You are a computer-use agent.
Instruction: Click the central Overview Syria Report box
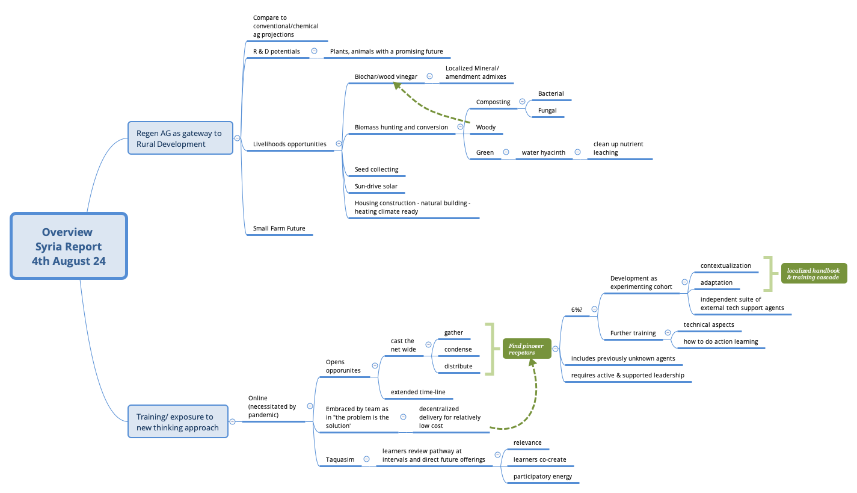point(68,246)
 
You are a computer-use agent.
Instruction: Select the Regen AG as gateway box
point(180,138)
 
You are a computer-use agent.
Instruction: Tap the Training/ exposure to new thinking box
point(178,421)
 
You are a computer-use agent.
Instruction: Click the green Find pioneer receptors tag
point(526,349)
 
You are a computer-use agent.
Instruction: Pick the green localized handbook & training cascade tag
point(813,274)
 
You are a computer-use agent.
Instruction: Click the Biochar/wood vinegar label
point(385,76)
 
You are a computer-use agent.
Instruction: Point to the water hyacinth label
point(543,152)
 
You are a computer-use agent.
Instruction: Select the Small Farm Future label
point(278,228)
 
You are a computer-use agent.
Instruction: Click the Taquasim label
point(340,459)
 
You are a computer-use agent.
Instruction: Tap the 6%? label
point(576,309)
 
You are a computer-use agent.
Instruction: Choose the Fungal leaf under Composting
point(547,110)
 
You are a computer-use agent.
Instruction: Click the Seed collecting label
point(376,169)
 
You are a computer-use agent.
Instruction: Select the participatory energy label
point(542,476)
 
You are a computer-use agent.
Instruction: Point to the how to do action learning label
point(720,341)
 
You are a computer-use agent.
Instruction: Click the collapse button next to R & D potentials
point(314,51)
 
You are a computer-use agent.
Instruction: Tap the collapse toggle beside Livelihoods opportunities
point(339,144)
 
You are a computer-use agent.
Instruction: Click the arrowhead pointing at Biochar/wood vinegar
point(396,86)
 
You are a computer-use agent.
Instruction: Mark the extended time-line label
point(418,392)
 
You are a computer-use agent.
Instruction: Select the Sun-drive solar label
point(376,186)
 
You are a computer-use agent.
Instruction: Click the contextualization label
point(725,265)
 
